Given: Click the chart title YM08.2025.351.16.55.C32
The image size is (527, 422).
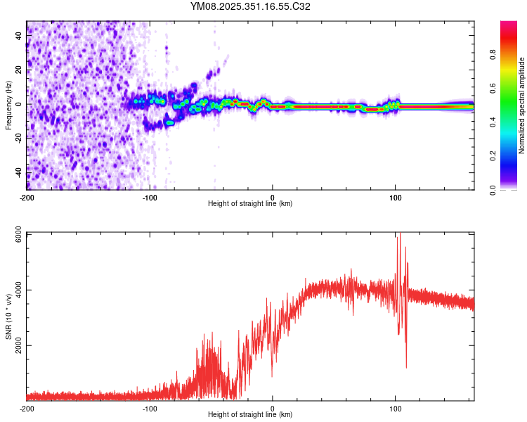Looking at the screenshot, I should (250, 7).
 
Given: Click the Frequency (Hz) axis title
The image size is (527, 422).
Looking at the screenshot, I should (8, 105).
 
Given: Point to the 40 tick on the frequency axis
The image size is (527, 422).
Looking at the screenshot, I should (18, 36).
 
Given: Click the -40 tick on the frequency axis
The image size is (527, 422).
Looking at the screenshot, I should (18, 172).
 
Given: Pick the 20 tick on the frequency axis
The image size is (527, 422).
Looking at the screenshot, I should (18, 70).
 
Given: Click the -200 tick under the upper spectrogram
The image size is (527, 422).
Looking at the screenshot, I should (27, 198).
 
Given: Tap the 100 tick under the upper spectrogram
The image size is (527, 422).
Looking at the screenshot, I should (395, 198).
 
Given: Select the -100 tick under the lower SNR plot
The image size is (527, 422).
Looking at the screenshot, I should (150, 409).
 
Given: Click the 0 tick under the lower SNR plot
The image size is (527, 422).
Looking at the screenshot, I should (273, 409).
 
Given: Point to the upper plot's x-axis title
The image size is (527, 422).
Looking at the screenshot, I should (250, 204).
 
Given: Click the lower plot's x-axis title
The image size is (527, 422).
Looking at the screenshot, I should (250, 415).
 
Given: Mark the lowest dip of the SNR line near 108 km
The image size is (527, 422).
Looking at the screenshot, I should (406, 366).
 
